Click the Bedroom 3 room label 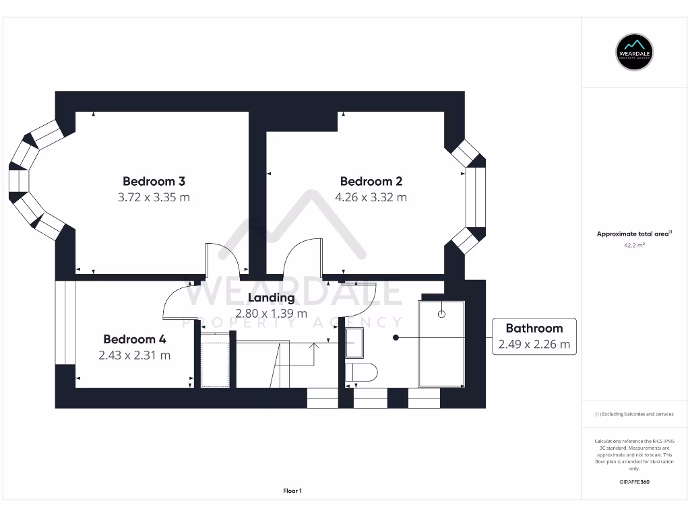(154, 181)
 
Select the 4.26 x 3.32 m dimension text (371, 197)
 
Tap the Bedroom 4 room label (134, 339)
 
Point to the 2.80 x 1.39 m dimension (271, 313)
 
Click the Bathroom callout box (534, 337)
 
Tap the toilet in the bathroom (361, 372)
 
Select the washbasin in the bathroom (354, 343)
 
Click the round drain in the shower (442, 314)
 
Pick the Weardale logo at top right (635, 51)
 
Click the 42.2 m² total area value (635, 246)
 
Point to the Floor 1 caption (292, 491)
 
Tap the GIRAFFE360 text (635, 482)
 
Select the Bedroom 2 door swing (301, 258)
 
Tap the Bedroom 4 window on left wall (65, 322)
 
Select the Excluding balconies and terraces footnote (634, 414)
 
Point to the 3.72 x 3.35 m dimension (154, 197)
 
